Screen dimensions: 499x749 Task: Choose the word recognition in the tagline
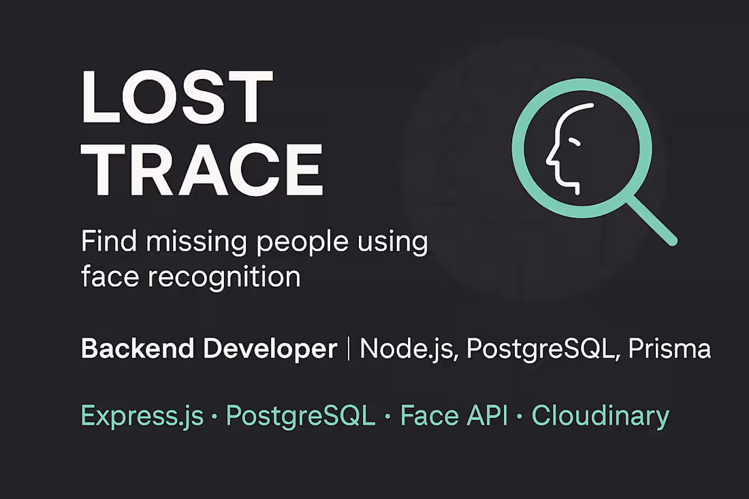click(228, 278)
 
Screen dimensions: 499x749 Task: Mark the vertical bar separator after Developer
click(349, 350)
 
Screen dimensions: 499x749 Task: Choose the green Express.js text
click(142, 416)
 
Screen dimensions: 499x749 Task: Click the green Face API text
click(453, 415)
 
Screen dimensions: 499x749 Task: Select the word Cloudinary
click(600, 416)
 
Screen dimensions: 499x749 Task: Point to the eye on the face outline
click(575, 142)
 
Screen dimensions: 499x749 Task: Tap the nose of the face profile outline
click(550, 162)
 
